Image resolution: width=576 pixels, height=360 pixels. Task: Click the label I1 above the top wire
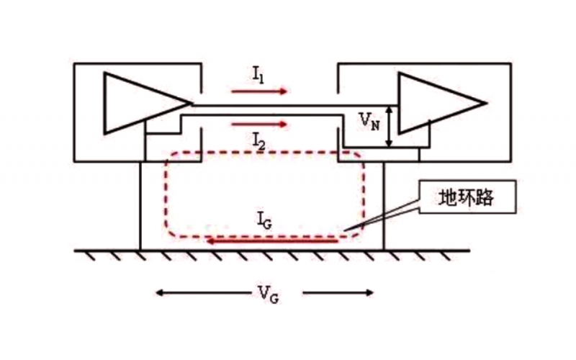258,73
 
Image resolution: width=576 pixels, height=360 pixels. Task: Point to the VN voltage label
370,120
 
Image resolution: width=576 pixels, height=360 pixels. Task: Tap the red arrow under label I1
259,91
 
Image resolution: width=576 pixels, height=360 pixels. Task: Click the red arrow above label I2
259,124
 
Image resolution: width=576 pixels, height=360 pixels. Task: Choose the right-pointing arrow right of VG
338,292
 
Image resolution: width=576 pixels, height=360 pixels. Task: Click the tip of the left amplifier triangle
192,102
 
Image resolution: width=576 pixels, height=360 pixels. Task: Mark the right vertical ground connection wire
384,205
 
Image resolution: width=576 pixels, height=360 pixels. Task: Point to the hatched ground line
274,251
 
